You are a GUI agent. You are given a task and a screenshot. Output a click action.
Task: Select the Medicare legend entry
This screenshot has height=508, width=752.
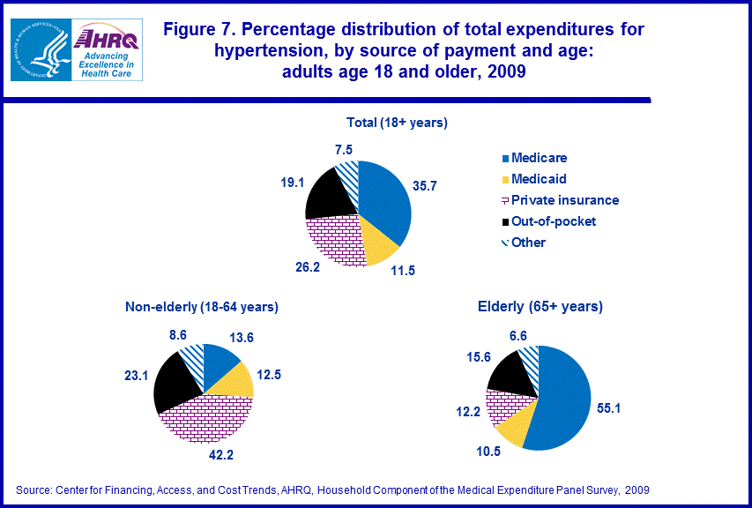pos(534,158)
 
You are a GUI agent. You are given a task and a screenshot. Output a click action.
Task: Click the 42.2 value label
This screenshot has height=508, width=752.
pos(207,457)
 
